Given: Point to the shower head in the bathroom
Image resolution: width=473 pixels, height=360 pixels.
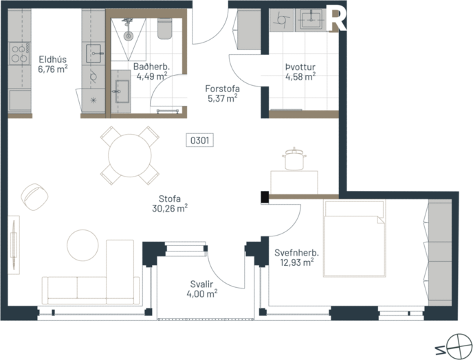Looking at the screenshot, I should tap(127, 32).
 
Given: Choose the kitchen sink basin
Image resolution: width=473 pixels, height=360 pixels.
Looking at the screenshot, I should tap(93, 52).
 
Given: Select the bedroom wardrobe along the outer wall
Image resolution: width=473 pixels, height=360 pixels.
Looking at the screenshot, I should tap(440, 253).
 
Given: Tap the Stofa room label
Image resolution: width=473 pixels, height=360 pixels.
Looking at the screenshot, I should tap(170, 204).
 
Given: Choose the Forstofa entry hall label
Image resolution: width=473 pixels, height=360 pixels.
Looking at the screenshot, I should tap(221, 93).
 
